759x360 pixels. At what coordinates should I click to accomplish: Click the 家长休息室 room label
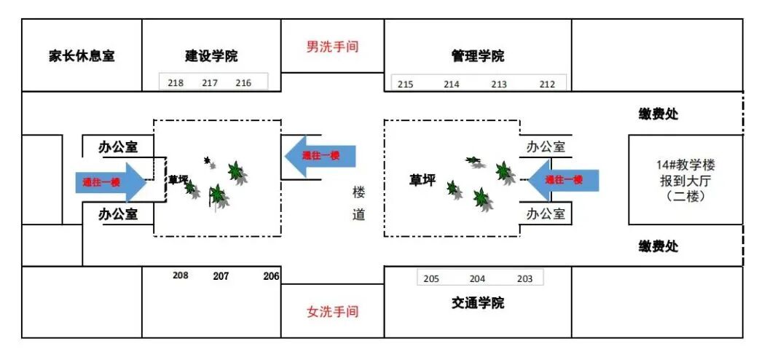click(x=82, y=56)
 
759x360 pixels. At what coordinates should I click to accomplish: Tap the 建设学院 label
click(x=211, y=56)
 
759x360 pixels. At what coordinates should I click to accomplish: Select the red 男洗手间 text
click(x=332, y=47)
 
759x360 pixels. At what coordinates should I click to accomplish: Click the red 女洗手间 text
click(x=332, y=311)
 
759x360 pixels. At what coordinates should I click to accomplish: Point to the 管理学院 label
click(x=478, y=56)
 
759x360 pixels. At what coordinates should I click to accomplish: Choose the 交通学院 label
click(x=478, y=302)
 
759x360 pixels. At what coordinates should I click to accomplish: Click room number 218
click(x=176, y=83)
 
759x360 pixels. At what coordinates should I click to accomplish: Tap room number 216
click(x=243, y=83)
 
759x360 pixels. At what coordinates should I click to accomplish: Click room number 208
click(x=181, y=276)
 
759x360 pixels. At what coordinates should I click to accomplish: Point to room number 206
click(x=271, y=276)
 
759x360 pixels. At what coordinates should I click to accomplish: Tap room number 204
click(x=477, y=279)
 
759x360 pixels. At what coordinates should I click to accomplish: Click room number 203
click(x=524, y=279)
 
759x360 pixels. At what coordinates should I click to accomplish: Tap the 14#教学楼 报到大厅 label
click(x=685, y=180)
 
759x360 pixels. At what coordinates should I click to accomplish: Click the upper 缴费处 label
click(x=658, y=114)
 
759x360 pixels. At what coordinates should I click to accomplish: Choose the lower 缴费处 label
click(x=658, y=246)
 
